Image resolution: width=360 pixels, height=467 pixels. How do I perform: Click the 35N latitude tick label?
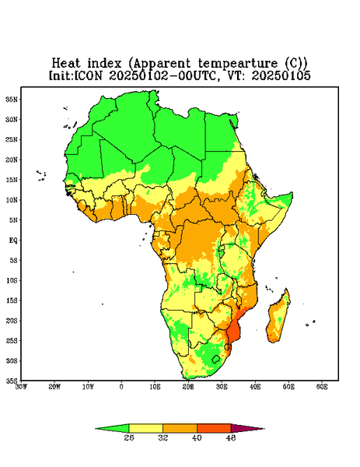(12, 99)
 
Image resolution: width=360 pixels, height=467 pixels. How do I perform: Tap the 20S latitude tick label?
(12, 321)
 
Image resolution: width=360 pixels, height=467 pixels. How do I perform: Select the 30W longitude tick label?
(21, 387)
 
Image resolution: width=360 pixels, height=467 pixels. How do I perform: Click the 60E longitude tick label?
(322, 387)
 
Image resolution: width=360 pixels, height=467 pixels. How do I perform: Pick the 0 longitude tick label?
(121, 387)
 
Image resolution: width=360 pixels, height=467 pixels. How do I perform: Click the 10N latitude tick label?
(12, 200)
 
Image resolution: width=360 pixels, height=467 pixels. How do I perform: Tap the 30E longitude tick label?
(222, 387)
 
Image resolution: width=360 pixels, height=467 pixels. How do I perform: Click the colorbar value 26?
(129, 437)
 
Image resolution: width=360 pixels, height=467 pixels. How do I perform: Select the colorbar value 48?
(231, 437)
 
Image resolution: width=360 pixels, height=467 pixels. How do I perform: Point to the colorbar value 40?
(197, 437)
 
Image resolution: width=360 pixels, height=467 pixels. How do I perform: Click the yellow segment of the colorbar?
(145, 428)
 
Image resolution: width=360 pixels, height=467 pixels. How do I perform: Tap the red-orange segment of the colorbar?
(214, 428)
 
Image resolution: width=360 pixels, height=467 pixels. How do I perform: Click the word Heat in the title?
(66, 63)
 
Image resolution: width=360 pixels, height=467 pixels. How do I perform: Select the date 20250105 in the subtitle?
(281, 75)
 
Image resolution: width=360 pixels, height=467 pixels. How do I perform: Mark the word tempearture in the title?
(237, 64)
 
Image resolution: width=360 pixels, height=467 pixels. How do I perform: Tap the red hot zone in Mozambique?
(234, 331)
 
